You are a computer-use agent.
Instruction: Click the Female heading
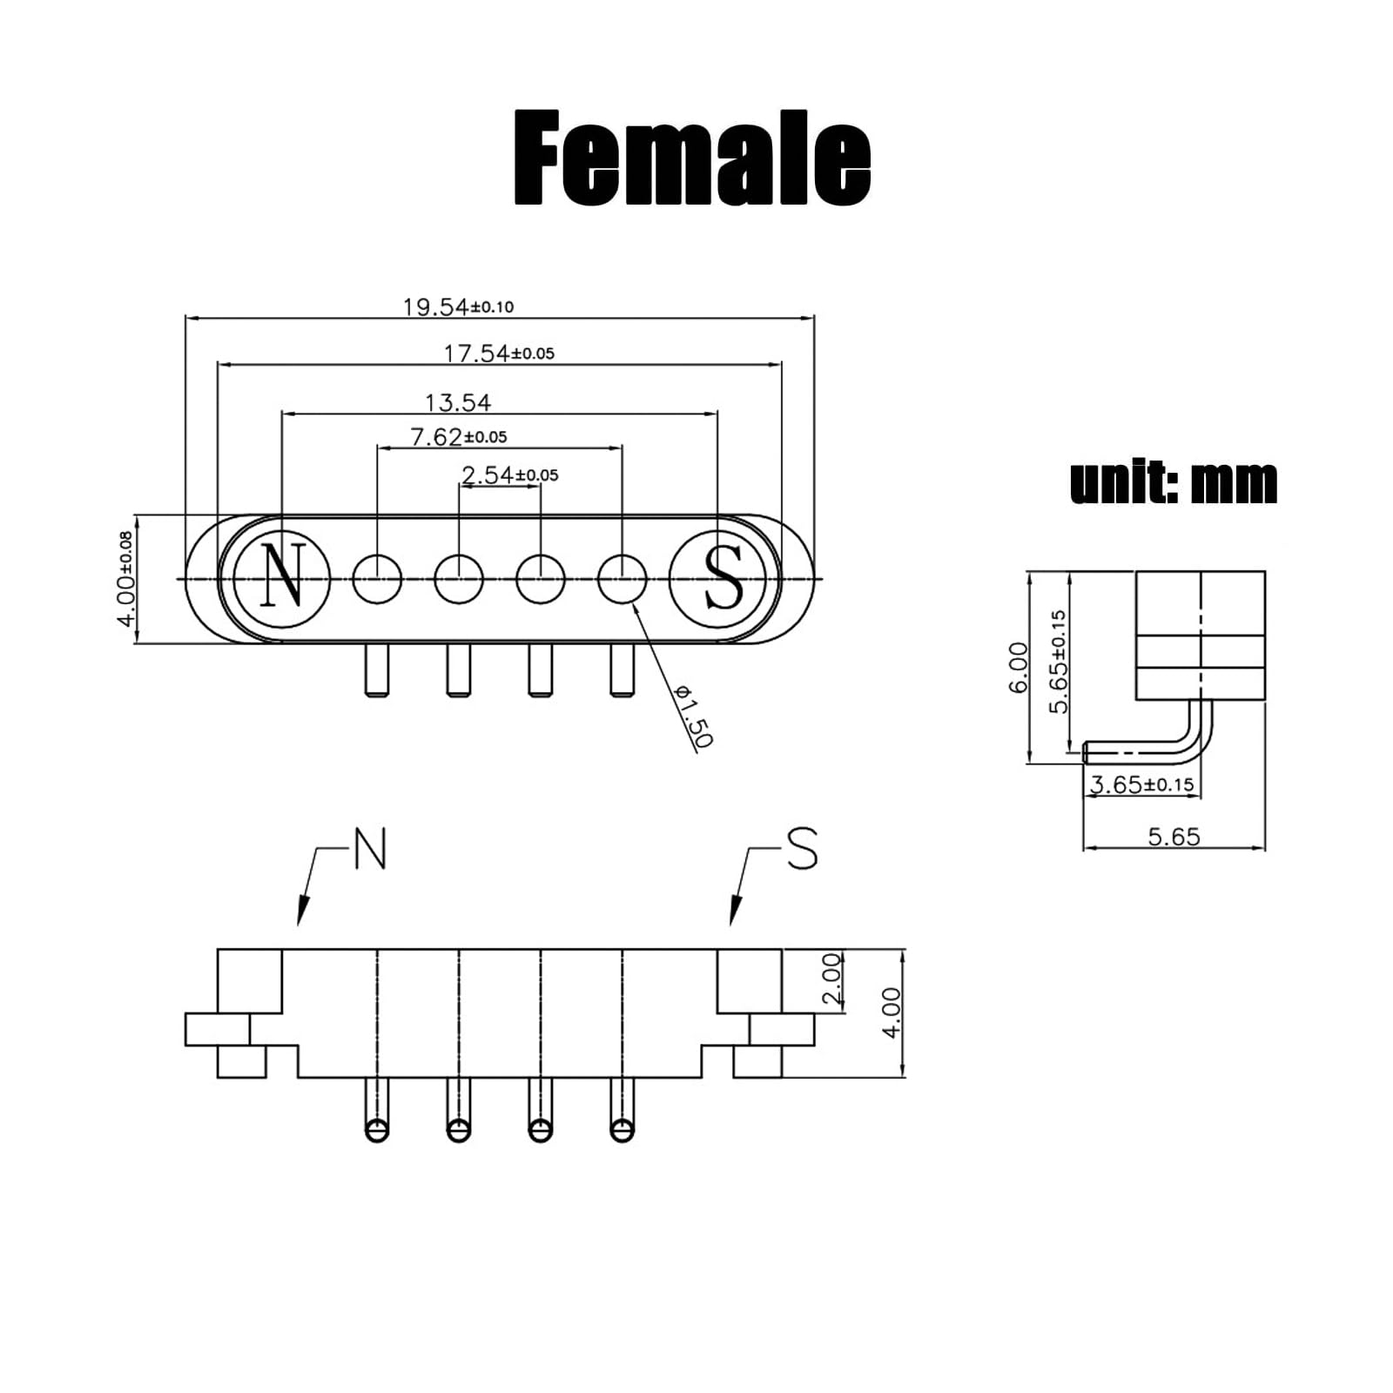[692, 158]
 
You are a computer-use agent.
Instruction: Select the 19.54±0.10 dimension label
[458, 306]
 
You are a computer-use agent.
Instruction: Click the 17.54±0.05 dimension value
[499, 353]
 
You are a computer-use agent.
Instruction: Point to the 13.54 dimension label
[458, 402]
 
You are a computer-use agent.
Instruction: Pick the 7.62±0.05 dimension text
[459, 436]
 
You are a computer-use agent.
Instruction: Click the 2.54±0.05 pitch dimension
[510, 474]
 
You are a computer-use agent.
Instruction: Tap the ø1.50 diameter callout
[694, 715]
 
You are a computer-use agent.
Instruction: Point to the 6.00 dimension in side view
[1018, 668]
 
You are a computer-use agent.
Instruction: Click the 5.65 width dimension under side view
[1174, 837]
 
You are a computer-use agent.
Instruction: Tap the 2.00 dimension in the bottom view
[831, 980]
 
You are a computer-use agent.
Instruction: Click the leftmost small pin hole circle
[377, 579]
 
